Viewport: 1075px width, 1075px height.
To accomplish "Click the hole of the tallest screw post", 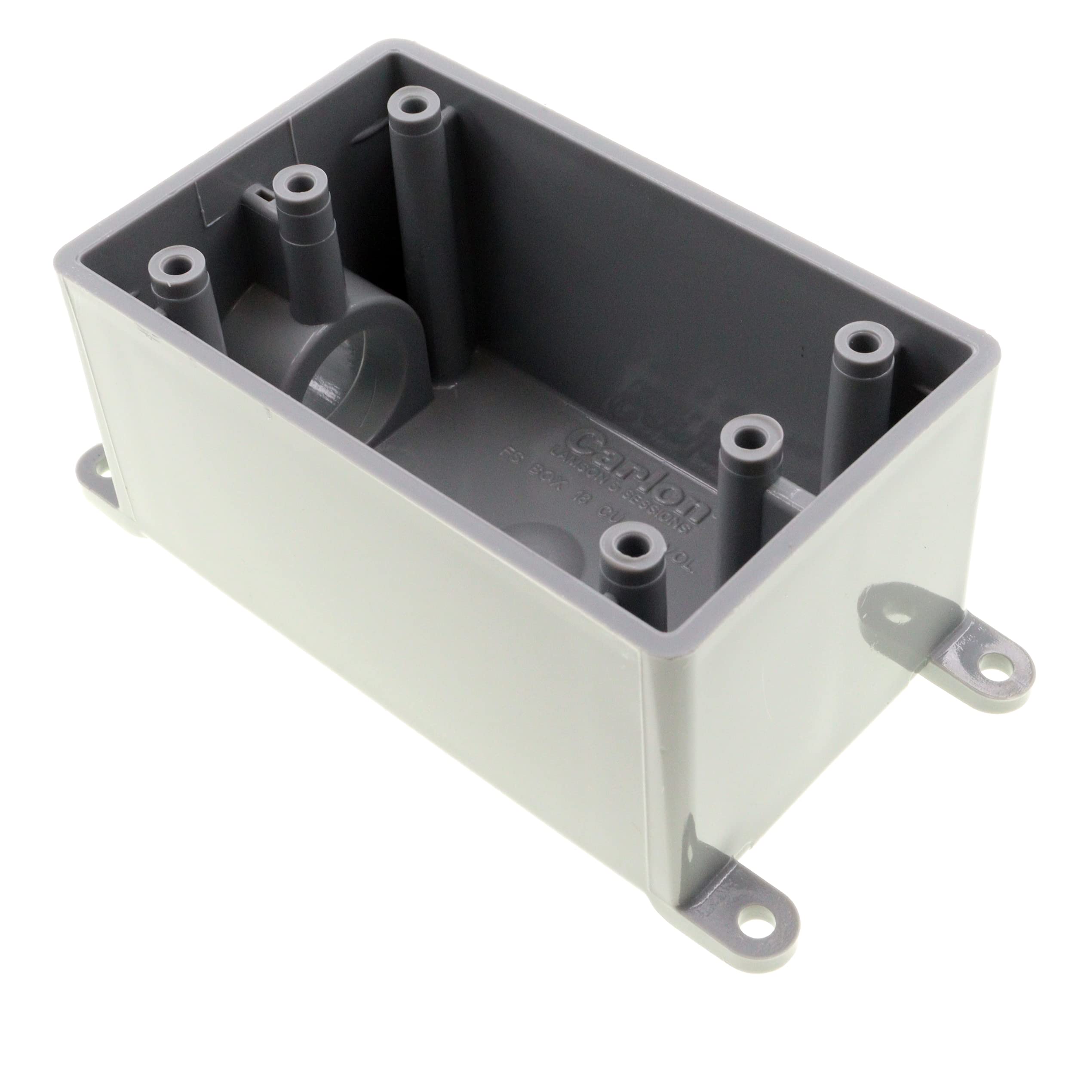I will (x=413, y=104).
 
